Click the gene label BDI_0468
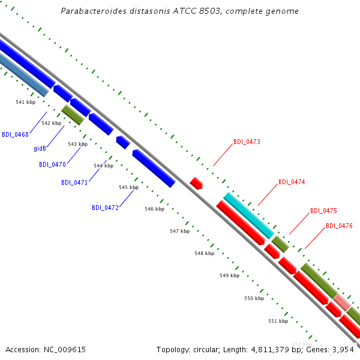point(15,134)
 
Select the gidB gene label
point(40,149)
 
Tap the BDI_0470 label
point(52,164)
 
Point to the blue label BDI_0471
point(74,182)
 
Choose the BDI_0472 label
point(105,208)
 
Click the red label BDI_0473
point(247,142)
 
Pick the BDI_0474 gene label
point(292,182)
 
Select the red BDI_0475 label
point(323,211)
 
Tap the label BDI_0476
point(339,226)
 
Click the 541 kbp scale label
point(25,102)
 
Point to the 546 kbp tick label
point(155,209)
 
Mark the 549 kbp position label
point(230,275)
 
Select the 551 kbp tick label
point(278,321)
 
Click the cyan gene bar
point(249,215)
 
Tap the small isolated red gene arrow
point(196,183)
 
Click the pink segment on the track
point(342,302)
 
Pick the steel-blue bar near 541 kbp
point(23,74)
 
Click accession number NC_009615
point(65,350)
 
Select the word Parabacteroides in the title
point(94,11)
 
